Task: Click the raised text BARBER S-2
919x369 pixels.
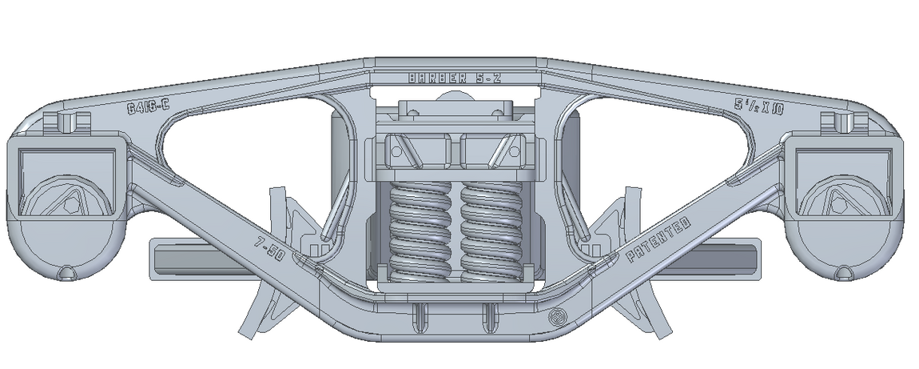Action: pyautogui.click(x=454, y=78)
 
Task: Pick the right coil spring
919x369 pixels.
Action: pyautogui.click(x=491, y=232)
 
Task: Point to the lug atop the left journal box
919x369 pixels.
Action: pyautogui.click(x=68, y=122)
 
